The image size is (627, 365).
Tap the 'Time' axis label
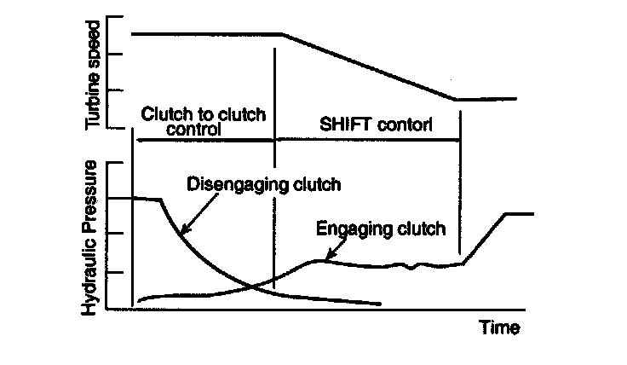point(498,327)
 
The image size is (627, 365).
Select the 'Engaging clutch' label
point(380,229)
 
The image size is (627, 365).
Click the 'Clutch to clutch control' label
point(204,122)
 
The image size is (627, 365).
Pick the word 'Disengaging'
point(225,183)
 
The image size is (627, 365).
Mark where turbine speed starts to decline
point(281,34)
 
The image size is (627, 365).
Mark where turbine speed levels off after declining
point(457,99)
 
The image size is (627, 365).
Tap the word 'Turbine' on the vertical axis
point(95,90)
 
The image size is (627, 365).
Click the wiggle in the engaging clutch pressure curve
point(412,267)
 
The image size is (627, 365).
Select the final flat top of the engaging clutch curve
point(521,213)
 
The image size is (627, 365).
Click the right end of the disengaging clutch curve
point(378,303)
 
